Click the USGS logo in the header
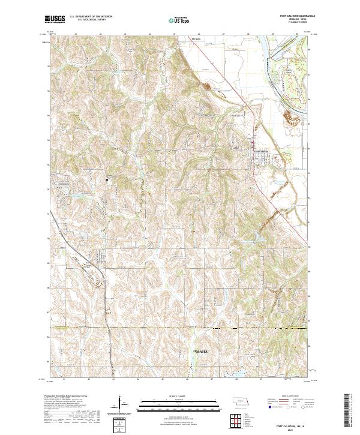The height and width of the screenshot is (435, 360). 56,20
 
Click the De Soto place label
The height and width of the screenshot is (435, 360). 194,40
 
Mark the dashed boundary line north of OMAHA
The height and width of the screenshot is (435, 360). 180,328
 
